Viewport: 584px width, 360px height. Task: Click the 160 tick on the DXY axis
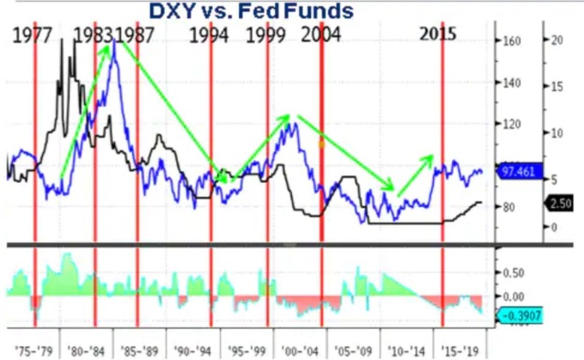point(512,40)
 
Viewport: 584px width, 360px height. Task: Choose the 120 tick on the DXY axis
point(512,124)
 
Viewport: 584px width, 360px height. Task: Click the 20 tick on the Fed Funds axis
point(557,40)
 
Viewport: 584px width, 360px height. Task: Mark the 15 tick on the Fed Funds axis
point(557,87)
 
